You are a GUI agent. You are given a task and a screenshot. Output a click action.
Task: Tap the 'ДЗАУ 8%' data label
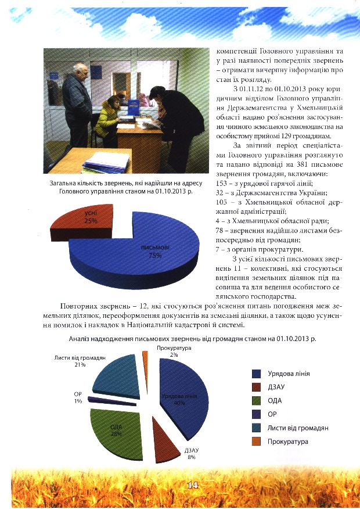point(191,453)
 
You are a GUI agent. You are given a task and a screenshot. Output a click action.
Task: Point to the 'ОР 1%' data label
point(77,397)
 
